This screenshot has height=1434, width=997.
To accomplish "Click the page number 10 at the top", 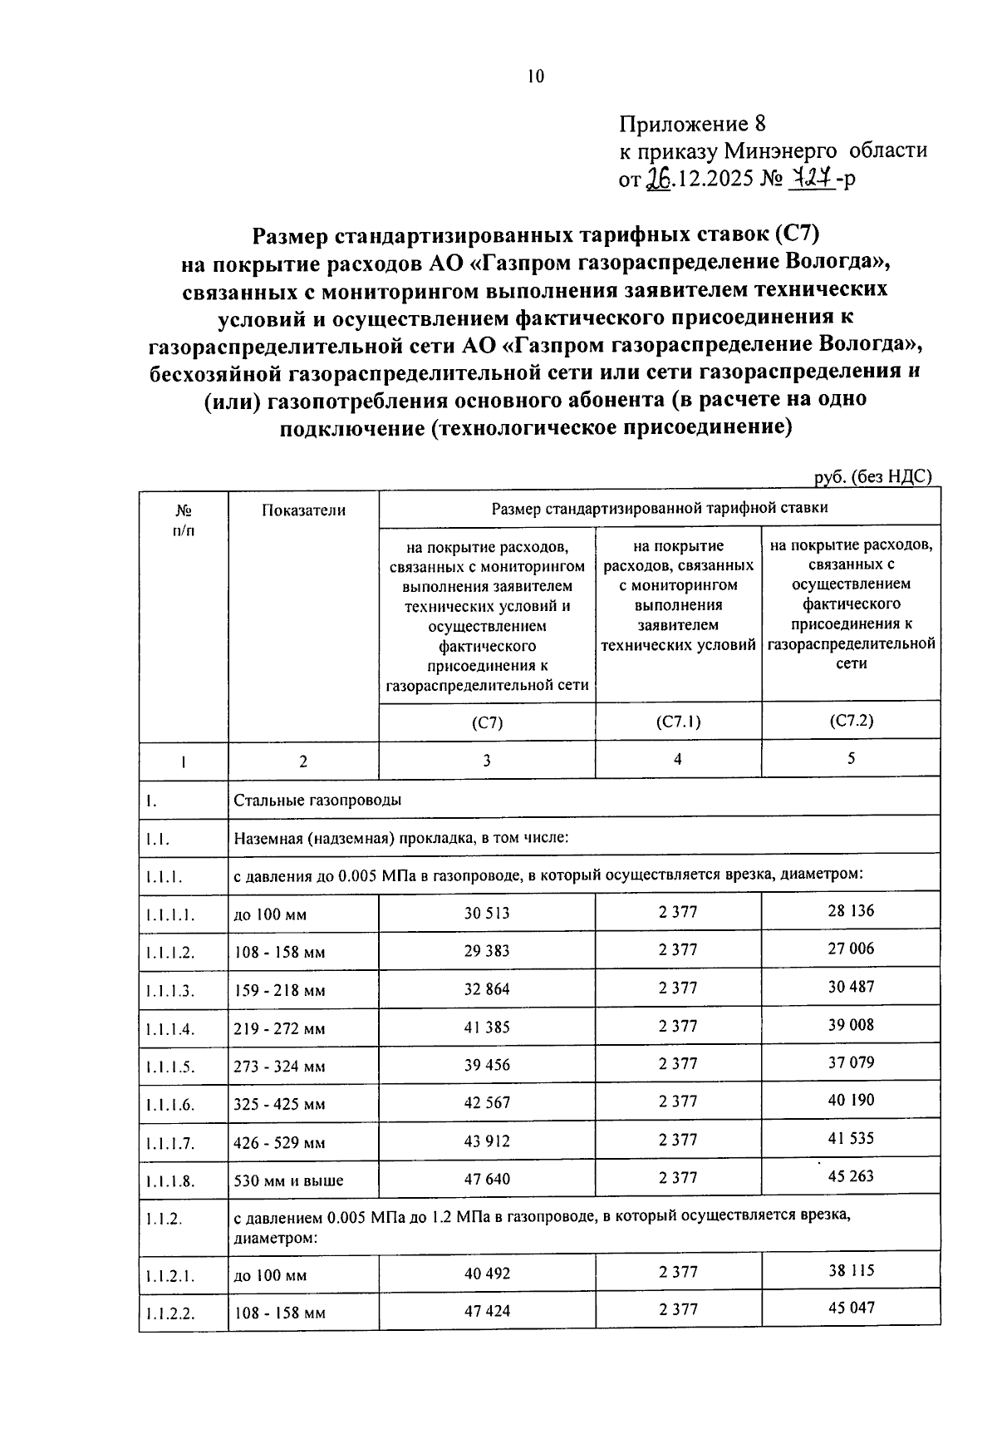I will click(x=535, y=77).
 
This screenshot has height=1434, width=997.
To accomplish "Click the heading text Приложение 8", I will click(x=690, y=125).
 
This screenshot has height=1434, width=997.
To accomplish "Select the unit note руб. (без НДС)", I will click(x=873, y=476).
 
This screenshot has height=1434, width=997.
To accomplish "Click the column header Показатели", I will click(x=303, y=510).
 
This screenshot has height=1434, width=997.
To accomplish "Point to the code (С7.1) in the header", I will click(x=678, y=722).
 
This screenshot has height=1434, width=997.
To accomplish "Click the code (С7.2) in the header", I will click(x=851, y=721).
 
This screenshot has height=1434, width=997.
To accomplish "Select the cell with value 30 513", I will click(x=486, y=913).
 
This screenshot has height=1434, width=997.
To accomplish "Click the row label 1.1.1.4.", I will click(x=169, y=1029).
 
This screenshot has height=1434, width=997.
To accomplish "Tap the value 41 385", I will click(x=486, y=1027).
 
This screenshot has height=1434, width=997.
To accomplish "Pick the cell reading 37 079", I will click(x=851, y=1062).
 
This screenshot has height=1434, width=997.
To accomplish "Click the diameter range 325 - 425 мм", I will click(x=279, y=1105).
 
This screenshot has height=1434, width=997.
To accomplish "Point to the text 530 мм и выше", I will click(x=288, y=1180).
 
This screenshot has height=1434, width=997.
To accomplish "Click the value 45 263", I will click(x=851, y=1176).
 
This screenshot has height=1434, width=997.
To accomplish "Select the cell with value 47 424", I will click(x=486, y=1311).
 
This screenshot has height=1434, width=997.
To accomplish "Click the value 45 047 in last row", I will click(x=851, y=1308).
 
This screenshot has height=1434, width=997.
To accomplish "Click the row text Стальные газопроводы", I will click(x=317, y=801).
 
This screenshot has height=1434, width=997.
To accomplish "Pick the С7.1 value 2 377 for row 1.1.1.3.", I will click(x=678, y=988).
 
